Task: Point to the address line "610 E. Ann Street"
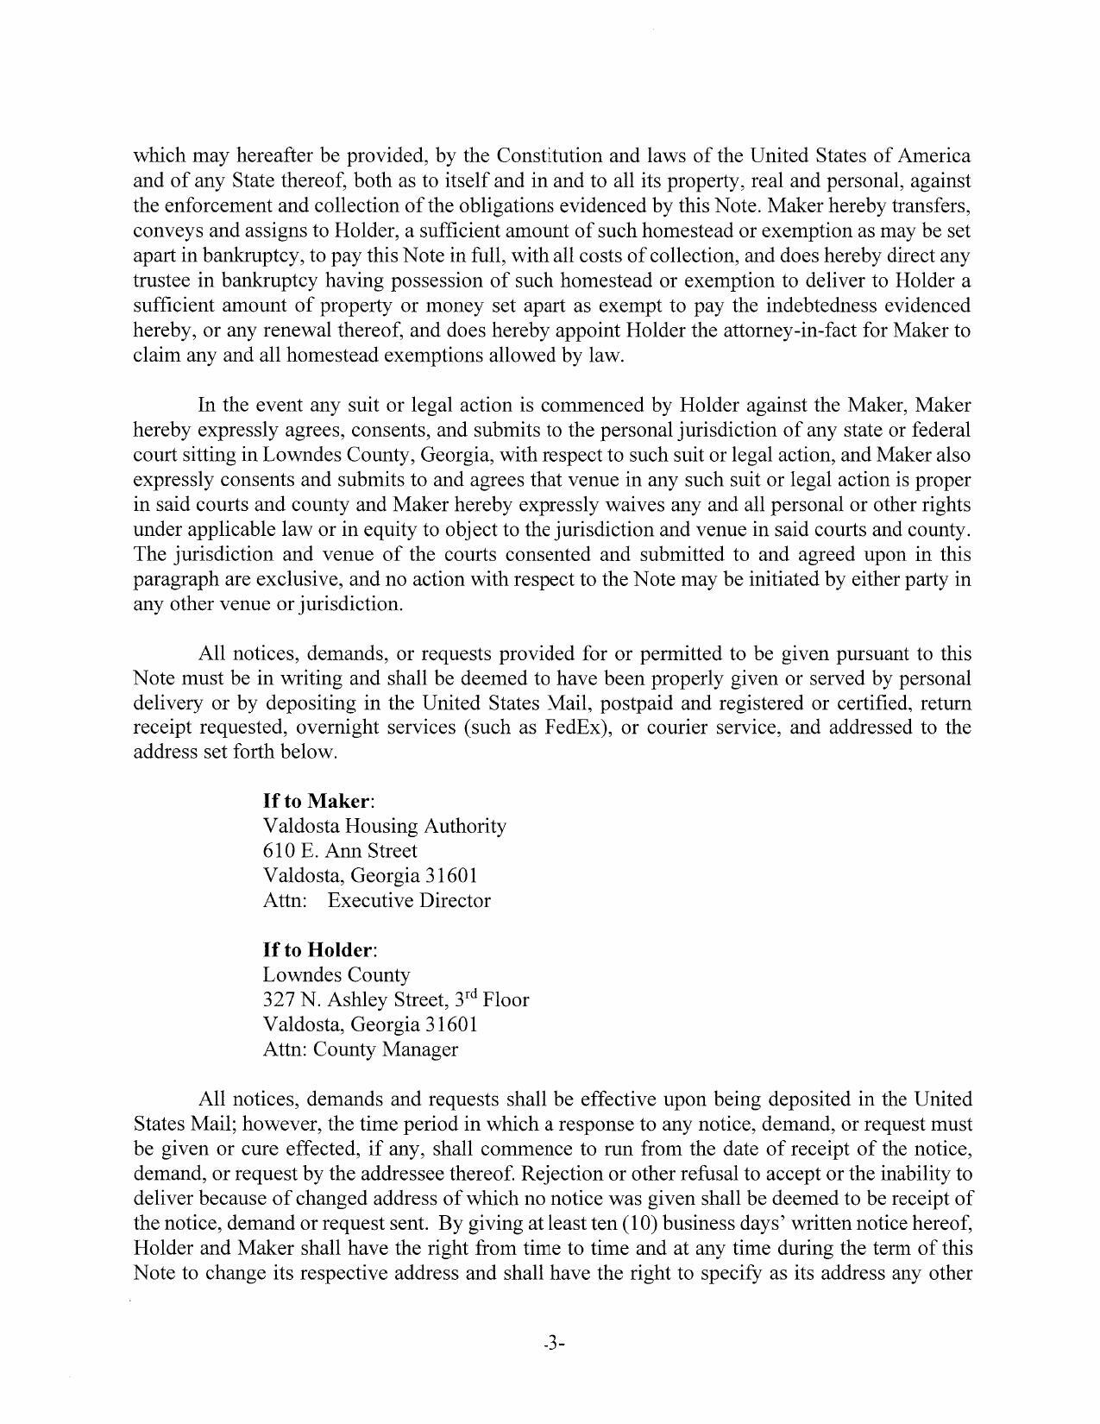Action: (340, 851)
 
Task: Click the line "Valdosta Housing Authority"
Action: (384, 826)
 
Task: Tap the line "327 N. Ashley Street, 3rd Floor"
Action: (395, 1000)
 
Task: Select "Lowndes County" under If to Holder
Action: (336, 975)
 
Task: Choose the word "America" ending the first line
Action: (934, 156)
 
